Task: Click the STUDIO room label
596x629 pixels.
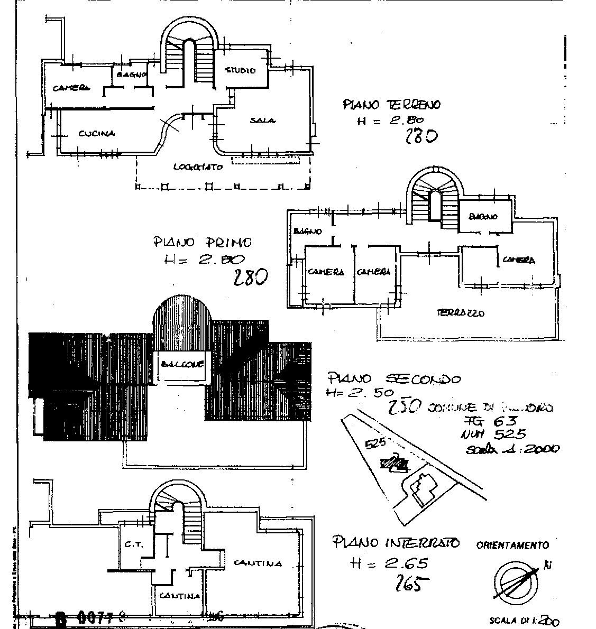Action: click(241, 70)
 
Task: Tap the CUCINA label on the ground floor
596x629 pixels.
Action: click(96, 134)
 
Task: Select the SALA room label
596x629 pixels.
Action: click(262, 121)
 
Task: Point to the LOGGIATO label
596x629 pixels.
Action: click(198, 166)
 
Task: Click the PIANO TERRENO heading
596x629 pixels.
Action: click(391, 105)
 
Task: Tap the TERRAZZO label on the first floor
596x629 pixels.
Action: click(460, 312)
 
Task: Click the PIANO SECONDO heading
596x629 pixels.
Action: click(394, 378)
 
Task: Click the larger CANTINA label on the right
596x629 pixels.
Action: click(258, 562)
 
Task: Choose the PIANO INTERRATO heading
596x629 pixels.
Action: click(396, 542)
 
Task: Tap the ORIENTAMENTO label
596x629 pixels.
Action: click(512, 545)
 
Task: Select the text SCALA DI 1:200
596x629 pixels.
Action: click(524, 621)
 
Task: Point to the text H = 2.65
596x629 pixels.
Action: click(389, 563)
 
